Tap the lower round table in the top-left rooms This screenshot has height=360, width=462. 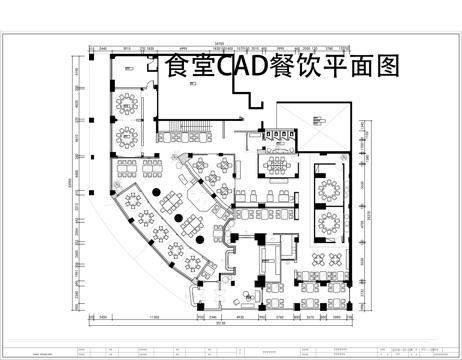coord(128,133)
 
